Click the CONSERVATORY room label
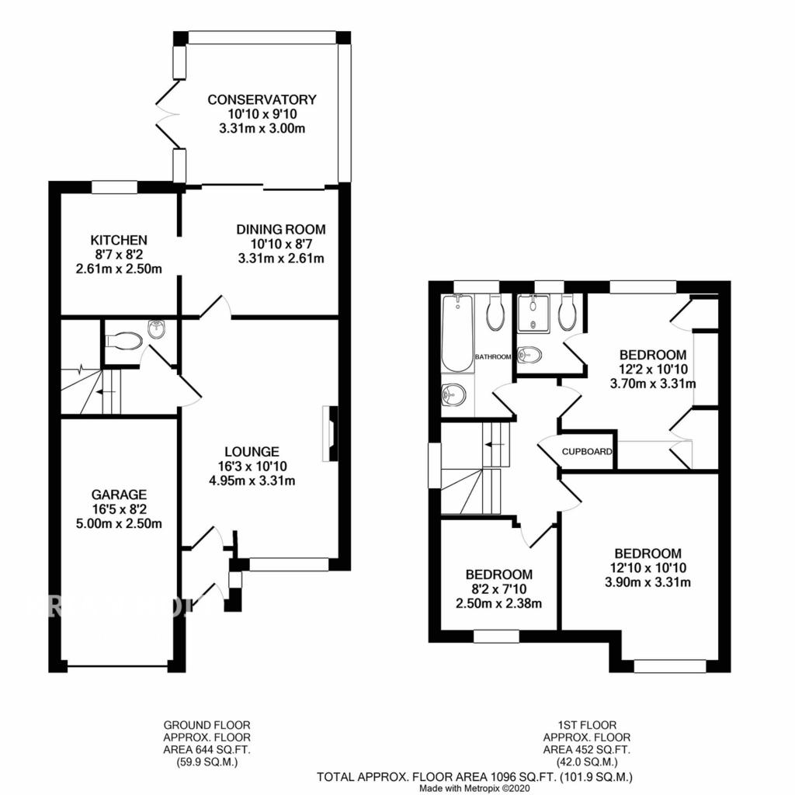(262, 99)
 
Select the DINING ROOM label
(280, 230)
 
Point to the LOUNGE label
(252, 451)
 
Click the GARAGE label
(119, 494)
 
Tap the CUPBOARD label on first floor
(588, 451)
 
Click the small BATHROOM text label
(494, 356)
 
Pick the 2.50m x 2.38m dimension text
(498, 603)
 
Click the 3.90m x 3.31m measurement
(647, 582)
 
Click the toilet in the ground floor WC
(124, 340)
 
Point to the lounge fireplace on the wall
(329, 433)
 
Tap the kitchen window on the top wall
(114, 186)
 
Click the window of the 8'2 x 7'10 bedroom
(496, 637)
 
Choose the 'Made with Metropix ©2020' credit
(474, 787)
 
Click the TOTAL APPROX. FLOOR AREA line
(474, 776)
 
